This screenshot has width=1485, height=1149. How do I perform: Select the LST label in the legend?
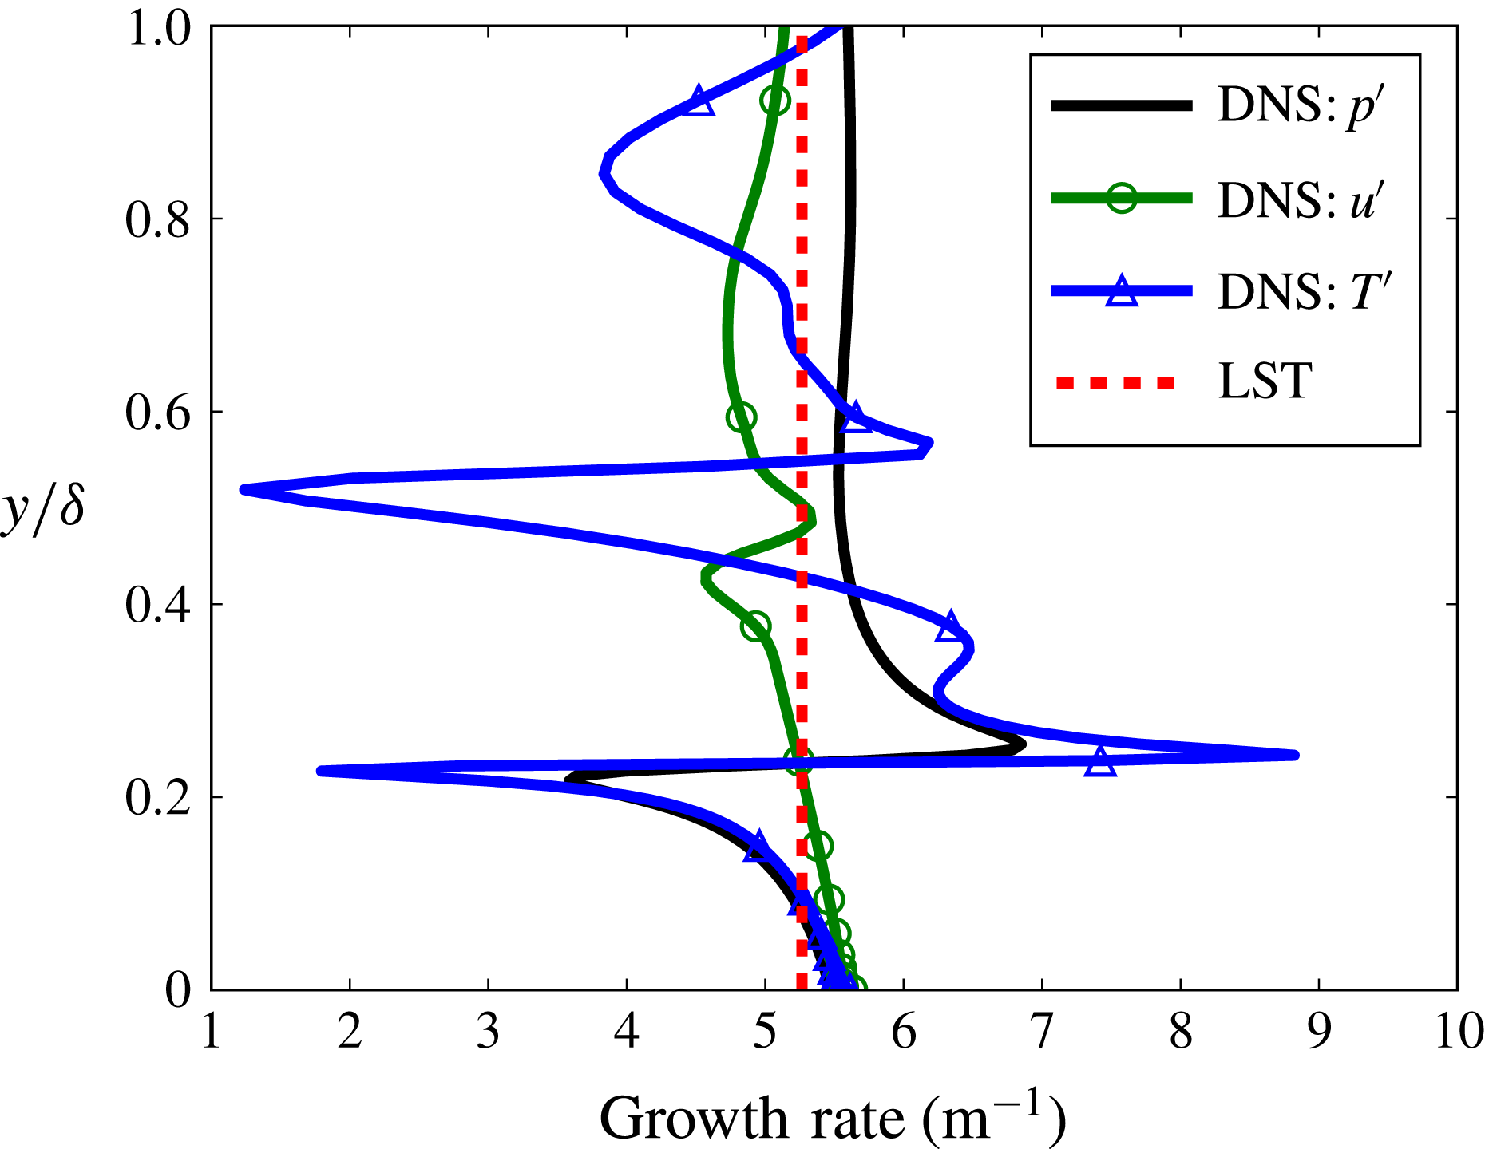[1266, 381]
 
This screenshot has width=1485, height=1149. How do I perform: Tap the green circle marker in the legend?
[1121, 198]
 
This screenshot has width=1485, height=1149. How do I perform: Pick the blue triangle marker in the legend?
[1121, 291]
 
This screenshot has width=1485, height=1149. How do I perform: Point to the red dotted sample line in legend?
[1115, 384]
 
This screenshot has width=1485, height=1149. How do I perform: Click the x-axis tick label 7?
[1042, 1033]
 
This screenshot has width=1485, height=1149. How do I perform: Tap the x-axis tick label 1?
[212, 1033]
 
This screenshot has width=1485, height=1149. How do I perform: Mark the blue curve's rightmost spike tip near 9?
[1293, 755]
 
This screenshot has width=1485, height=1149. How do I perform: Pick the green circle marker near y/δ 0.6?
[742, 417]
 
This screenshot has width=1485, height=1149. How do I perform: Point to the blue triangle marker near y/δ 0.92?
[699, 101]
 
